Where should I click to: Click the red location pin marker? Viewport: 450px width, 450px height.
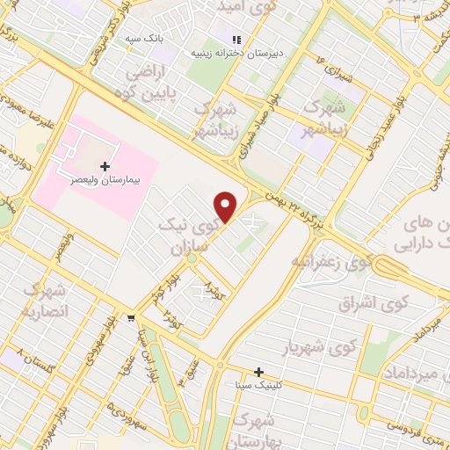tap(227, 207)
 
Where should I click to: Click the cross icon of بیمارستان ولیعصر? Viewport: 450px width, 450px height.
tap(105, 165)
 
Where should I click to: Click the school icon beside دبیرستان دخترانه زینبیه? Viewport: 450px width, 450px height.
tap(236, 40)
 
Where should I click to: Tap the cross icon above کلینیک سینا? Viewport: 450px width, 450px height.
tap(259, 372)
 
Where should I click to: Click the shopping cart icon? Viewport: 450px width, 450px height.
tap(131, 317)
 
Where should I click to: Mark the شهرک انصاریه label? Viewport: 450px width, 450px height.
tap(46, 301)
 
